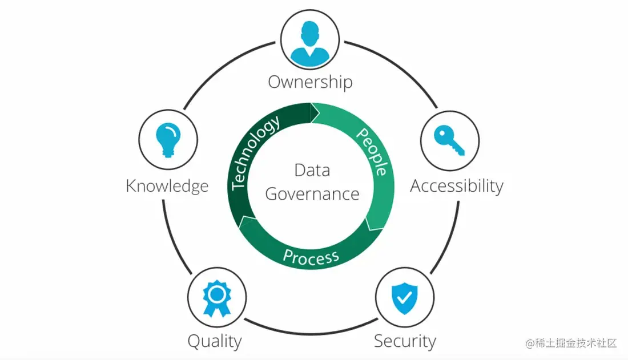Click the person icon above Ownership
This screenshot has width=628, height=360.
pos(310,43)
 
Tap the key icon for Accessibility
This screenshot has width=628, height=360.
pos(449,140)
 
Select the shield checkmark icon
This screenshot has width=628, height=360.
pos(404,297)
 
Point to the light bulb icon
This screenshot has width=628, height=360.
pos(168,140)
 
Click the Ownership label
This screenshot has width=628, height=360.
pos(310,82)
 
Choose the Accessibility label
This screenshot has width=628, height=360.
pos(457,186)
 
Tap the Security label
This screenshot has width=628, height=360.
pos(405,341)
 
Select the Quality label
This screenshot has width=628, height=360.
pos(215,341)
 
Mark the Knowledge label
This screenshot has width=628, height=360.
pos(167,186)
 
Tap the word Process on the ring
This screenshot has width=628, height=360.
pos(311,257)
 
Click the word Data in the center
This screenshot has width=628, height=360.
pos(312,170)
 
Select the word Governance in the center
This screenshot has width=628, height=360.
pos(312,194)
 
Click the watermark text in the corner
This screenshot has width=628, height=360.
pos(571,343)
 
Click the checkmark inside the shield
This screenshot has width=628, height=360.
pos(404,297)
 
